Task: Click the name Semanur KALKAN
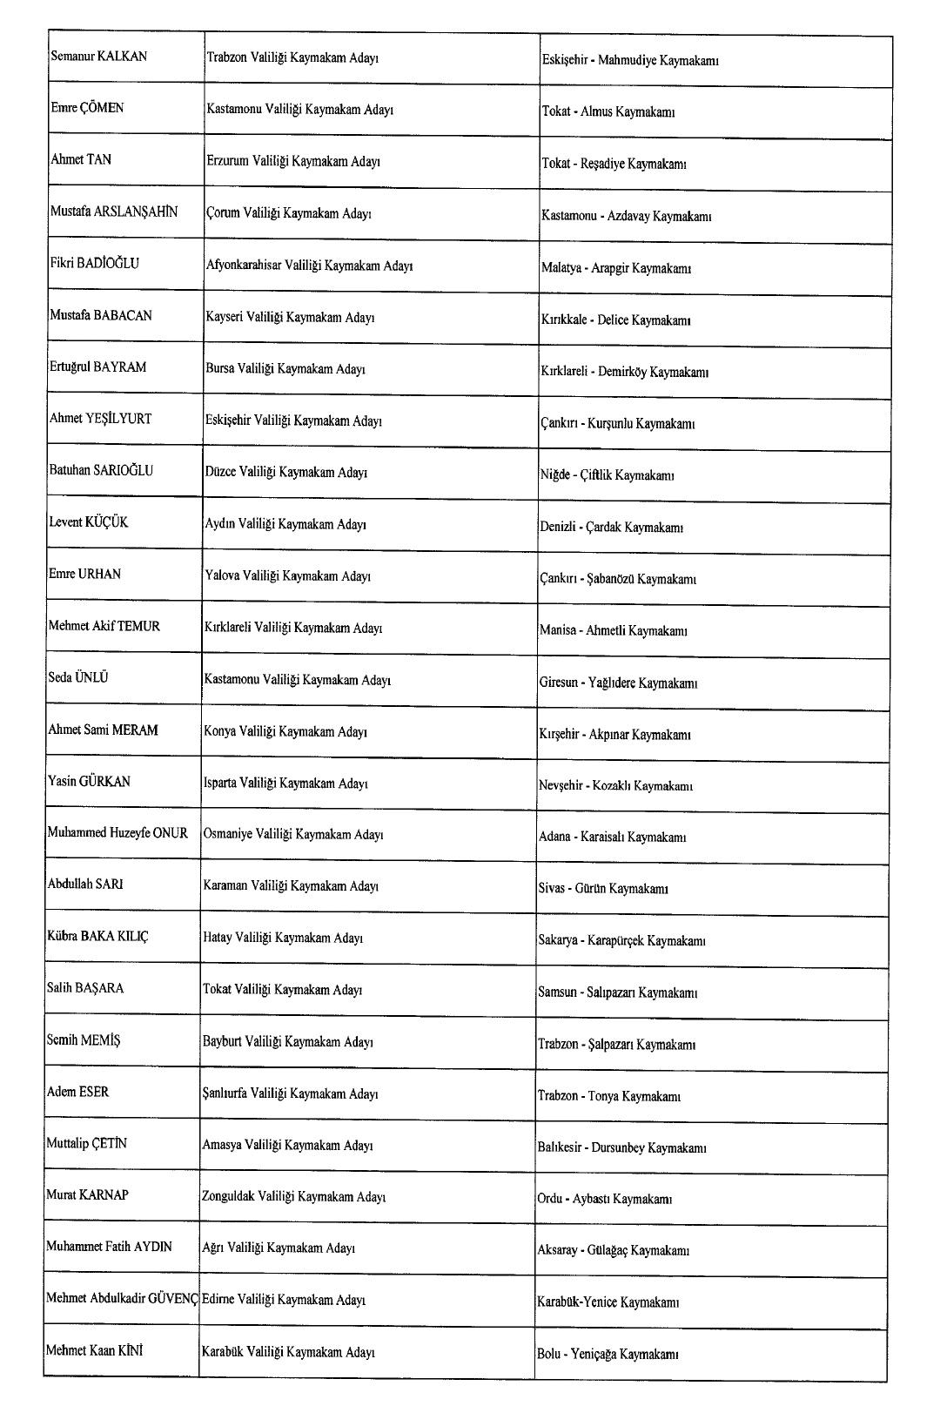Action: pyautogui.click(x=98, y=57)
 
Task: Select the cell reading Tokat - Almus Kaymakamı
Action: pyautogui.click(x=608, y=112)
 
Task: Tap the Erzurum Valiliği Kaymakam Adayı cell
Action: pyautogui.click(x=293, y=161)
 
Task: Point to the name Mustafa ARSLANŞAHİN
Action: pyautogui.click(x=113, y=212)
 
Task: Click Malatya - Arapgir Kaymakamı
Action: pyautogui.click(x=615, y=268)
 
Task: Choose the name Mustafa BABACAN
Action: pyautogui.click(x=100, y=315)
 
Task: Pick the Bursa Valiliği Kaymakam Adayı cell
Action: pyautogui.click(x=285, y=369)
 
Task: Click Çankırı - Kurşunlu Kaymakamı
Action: pyautogui.click(x=617, y=424)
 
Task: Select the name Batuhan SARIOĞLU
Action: pyautogui.click(x=101, y=470)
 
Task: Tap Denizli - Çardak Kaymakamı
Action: pyautogui.click(x=611, y=528)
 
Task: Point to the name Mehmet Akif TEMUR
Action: pyautogui.click(x=104, y=626)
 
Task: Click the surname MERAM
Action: pyautogui.click(x=135, y=730)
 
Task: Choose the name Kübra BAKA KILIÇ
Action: pyautogui.click(x=97, y=936)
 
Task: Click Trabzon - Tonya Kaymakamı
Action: pyautogui.click(x=608, y=1097)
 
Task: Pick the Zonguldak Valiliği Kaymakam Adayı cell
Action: pyautogui.click(x=293, y=1197)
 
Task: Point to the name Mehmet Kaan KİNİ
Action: pyautogui.click(x=94, y=1350)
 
